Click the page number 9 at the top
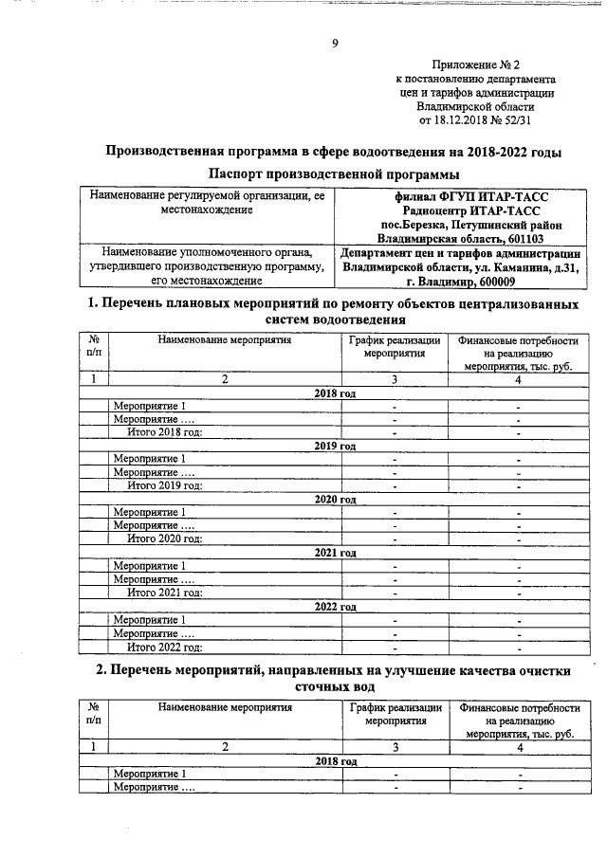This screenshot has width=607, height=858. click(x=335, y=43)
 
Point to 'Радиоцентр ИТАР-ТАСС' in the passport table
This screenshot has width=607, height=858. click(x=470, y=210)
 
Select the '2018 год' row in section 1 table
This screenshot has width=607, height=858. click(x=335, y=392)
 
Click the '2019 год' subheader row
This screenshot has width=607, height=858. click(x=335, y=446)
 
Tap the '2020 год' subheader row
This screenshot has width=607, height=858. click(x=335, y=499)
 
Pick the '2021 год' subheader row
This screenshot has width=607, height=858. click(x=335, y=552)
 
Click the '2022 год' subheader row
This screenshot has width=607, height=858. click(x=335, y=605)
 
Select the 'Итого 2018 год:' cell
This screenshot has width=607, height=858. click(x=165, y=433)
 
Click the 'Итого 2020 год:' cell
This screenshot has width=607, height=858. click(x=165, y=539)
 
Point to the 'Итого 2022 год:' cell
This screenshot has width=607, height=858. click(x=165, y=647)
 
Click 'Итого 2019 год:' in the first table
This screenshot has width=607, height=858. click(x=165, y=486)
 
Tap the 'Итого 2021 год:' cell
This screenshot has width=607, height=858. click(x=165, y=593)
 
